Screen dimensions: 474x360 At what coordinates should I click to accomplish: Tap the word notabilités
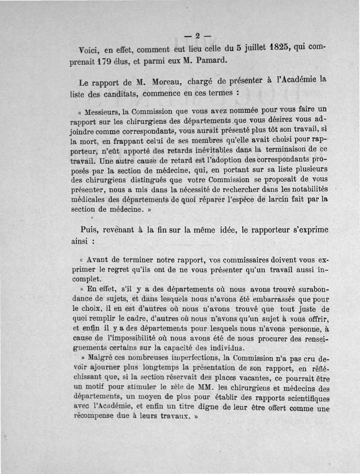click(306, 189)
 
